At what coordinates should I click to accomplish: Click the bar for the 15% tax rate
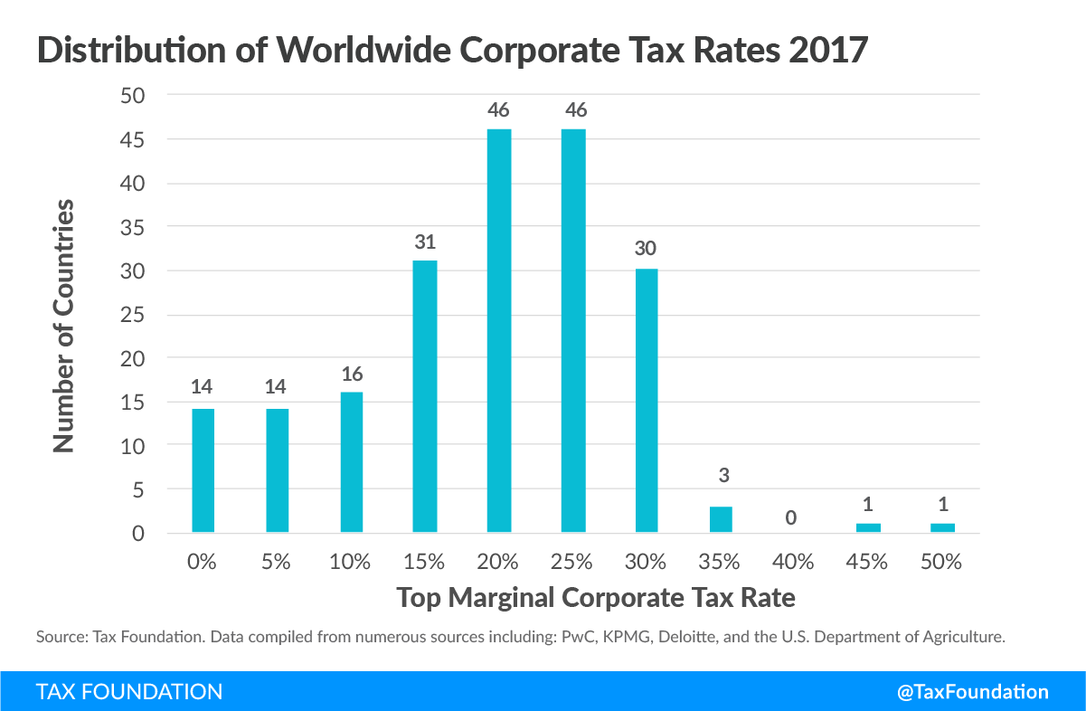(x=424, y=396)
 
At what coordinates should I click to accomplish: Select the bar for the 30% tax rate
(x=647, y=401)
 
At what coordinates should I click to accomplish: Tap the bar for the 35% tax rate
(x=721, y=519)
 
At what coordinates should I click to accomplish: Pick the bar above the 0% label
(x=203, y=470)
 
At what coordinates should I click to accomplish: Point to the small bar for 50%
(x=943, y=527)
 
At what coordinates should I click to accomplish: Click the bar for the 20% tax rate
(x=498, y=330)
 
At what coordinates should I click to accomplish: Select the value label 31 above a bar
(x=424, y=242)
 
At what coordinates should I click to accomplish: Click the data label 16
(x=350, y=374)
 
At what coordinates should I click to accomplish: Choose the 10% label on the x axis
(x=350, y=562)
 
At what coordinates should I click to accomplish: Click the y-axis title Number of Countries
(x=63, y=327)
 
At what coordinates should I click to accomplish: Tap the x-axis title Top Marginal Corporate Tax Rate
(x=597, y=598)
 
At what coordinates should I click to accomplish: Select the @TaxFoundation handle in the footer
(x=973, y=692)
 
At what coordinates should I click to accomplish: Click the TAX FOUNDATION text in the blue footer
(x=129, y=692)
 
